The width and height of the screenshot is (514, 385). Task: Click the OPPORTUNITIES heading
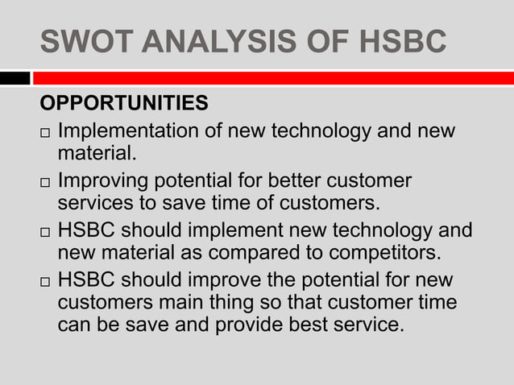(124, 105)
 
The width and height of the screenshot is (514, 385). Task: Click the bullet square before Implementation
(46, 132)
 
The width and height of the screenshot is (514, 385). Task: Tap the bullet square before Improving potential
(46, 181)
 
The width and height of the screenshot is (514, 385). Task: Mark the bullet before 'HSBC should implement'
(46, 232)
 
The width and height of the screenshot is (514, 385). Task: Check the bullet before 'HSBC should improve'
(46, 282)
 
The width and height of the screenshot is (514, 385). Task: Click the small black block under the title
(15, 78)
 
